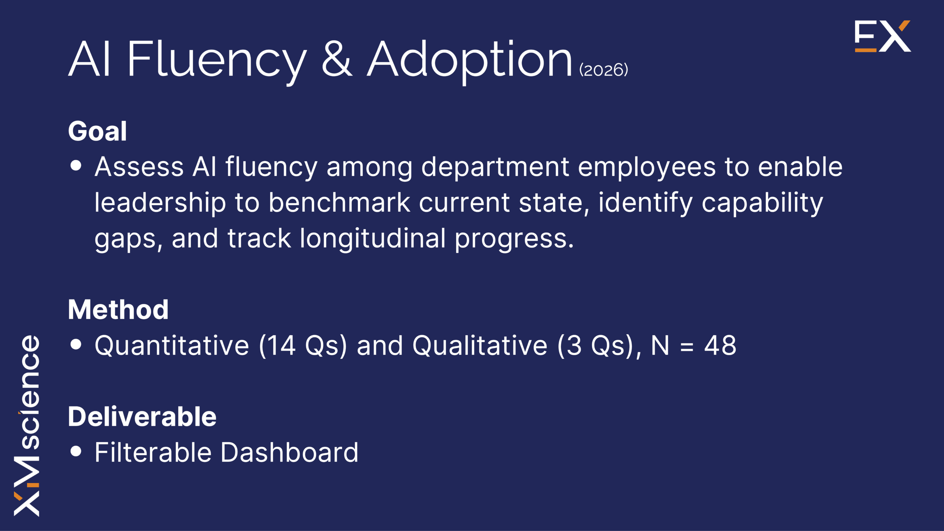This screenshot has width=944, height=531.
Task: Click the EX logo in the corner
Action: tap(883, 36)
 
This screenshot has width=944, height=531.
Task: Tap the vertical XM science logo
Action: tap(27, 426)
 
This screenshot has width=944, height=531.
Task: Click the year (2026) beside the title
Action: tap(604, 70)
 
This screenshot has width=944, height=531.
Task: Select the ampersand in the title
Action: tap(337, 59)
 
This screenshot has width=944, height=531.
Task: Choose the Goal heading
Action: tap(97, 131)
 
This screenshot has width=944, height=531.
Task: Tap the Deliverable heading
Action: tap(142, 416)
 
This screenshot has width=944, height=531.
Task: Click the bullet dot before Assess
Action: tap(76, 166)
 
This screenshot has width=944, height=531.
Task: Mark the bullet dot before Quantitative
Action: tap(76, 344)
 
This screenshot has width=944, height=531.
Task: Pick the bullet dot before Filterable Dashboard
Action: tap(76, 451)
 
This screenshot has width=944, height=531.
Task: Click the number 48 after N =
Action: tap(720, 346)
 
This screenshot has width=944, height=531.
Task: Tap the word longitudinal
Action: tap(373, 239)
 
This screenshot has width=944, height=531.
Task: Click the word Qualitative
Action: tap(480, 346)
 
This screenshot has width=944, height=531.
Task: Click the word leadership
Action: tap(160, 203)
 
